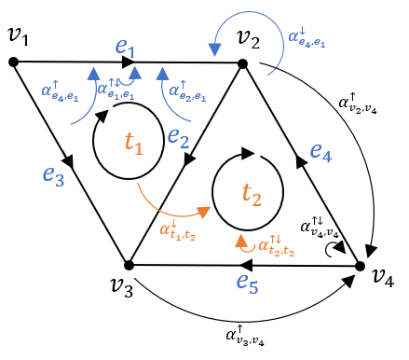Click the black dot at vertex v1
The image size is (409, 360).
tap(13, 62)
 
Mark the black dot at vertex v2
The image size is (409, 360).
tap(241, 64)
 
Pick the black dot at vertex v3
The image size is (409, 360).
tap(130, 265)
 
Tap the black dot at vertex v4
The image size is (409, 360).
tap(360, 267)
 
